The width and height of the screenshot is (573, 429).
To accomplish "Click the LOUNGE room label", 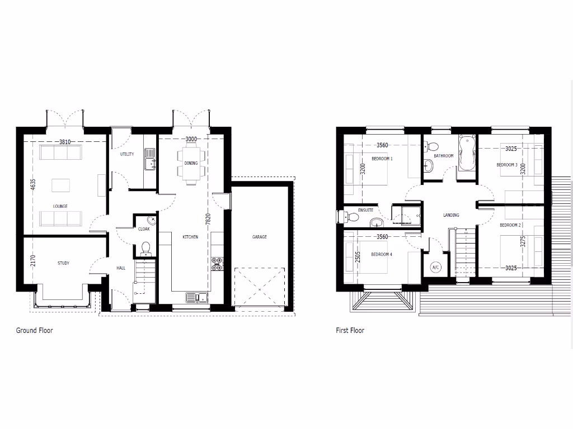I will coord(60,206).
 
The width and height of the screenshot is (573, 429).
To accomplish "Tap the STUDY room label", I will coord(63,263).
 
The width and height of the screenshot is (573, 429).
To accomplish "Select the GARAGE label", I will coord(259,237).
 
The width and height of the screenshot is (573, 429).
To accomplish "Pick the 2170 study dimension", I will coord(32,261).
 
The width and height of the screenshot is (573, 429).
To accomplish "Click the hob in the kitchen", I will coord(217,264).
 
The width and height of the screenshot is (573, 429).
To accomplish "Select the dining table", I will coord(190,163).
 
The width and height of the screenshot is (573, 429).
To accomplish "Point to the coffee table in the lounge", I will coord(60,184).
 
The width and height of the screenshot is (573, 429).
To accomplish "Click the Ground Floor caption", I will coord(34,331).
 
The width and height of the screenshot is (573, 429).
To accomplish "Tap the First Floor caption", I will coord(350,331).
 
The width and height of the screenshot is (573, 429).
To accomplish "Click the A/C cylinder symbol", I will coord(436,268).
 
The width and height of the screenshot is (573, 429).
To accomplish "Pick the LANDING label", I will coord(451,215).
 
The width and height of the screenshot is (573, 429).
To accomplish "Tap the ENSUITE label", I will coord(365,211).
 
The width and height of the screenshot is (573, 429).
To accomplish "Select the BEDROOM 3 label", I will coord(507,165).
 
